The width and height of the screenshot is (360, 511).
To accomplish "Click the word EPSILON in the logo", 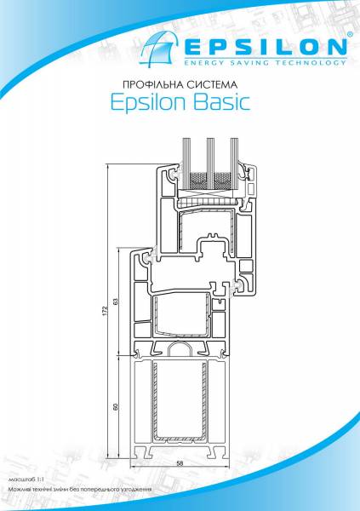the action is [266, 47].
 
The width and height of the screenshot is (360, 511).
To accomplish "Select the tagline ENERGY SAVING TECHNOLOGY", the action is [266, 62].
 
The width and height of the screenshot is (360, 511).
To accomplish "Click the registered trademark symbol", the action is [350, 34].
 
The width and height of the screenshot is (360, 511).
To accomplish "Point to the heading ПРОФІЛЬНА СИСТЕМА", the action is [180, 85].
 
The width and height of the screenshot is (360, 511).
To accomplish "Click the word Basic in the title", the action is [222, 102].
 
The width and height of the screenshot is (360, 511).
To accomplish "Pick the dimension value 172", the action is [105, 311].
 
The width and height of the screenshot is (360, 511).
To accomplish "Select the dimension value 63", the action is [116, 301].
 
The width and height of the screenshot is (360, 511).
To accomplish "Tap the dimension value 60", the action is [116, 406].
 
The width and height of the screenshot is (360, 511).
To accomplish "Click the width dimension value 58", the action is [180, 464].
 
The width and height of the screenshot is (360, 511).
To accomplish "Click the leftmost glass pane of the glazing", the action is [186, 164].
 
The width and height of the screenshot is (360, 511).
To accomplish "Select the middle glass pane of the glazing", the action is [210, 164].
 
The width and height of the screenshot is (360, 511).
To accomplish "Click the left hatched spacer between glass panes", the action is [198, 181].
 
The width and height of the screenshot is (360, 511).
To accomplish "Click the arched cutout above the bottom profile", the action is [180, 349].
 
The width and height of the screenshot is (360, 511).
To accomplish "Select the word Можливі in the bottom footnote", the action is [17, 490].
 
